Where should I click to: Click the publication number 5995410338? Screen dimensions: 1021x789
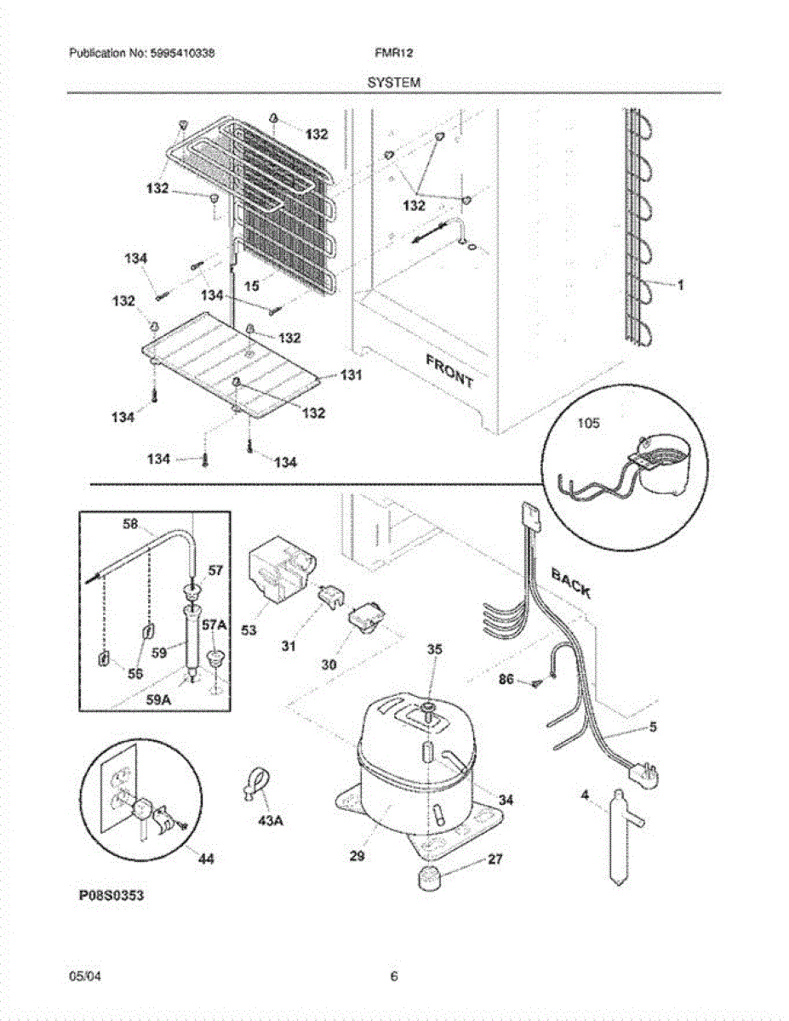185,53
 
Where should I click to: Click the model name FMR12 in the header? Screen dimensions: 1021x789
387,53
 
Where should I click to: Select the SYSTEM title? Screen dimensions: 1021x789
394,83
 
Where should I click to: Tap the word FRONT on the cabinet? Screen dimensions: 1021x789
449,371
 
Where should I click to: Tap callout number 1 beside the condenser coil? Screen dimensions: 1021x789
680,285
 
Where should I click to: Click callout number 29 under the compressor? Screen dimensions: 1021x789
357,857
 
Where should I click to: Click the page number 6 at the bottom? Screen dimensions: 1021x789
394,977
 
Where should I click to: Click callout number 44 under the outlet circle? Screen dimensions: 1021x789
205,860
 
